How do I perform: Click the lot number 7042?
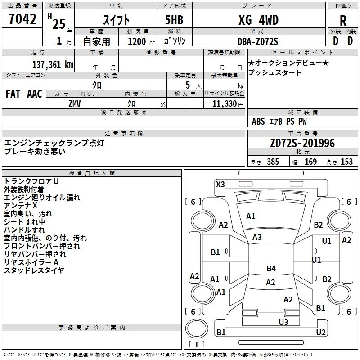pos(22,19)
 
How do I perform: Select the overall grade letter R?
pos(343,21)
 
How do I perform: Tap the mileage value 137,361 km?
pos(53,65)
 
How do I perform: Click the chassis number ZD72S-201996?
pos(302,143)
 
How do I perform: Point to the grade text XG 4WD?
pos(258,20)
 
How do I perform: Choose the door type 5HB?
pos(174,20)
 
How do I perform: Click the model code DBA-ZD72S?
pos(258,41)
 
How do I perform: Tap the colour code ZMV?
pos(75,104)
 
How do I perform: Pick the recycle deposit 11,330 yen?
pos(228,104)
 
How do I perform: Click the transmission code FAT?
pos(13,94)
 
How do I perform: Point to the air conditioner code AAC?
pos(35,94)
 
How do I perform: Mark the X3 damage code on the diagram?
pos(220,184)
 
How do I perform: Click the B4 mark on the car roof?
pos(271,268)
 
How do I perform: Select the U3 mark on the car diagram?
pos(283,322)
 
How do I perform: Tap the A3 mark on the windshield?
pos(257,237)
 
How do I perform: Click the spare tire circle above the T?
pos(197,328)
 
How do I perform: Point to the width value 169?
pos(310,162)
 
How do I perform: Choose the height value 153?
pos(346,162)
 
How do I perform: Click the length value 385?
pos(273,162)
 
